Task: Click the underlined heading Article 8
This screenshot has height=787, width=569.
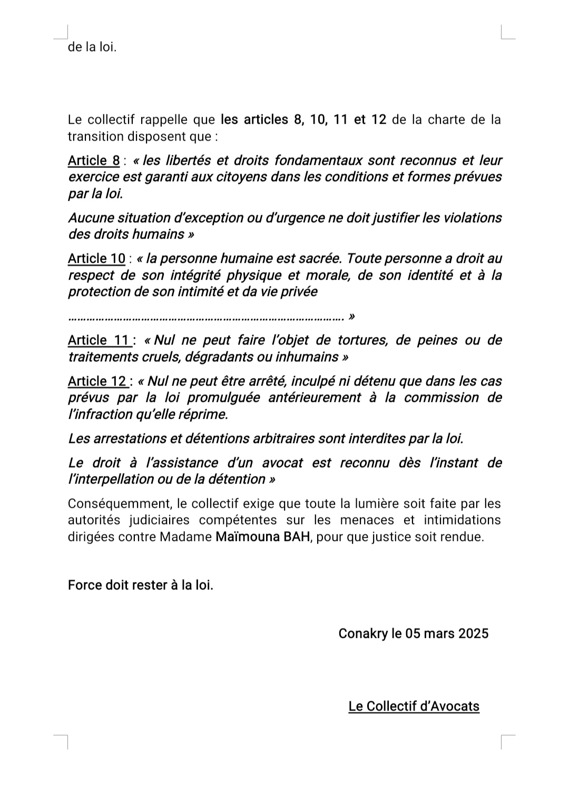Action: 94,161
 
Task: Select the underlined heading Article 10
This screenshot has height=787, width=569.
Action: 97,259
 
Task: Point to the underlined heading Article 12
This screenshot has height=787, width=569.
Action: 98,381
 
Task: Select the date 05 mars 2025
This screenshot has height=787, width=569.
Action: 447,633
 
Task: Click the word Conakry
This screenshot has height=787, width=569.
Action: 362,633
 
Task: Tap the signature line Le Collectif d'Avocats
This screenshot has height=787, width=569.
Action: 414,706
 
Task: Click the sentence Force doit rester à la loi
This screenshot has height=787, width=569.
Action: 141,585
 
